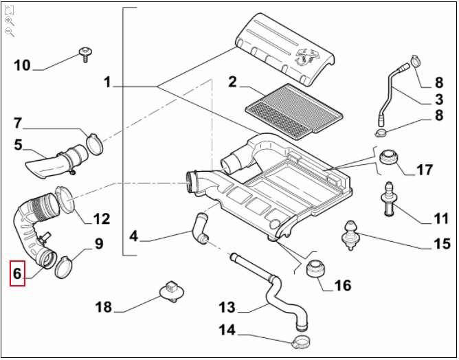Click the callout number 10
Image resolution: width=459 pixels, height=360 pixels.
click(x=22, y=65)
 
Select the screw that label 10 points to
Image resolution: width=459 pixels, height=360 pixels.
click(x=85, y=54)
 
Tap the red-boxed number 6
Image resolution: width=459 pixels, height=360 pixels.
click(x=17, y=273)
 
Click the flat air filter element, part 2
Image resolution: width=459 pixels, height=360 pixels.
click(x=293, y=112)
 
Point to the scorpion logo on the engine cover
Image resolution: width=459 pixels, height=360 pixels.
click(x=306, y=56)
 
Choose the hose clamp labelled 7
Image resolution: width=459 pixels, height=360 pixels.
click(x=95, y=144)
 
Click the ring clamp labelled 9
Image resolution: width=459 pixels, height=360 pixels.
click(x=63, y=267)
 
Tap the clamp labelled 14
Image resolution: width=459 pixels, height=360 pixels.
click(x=301, y=341)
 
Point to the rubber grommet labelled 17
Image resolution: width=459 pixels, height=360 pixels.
click(x=388, y=157)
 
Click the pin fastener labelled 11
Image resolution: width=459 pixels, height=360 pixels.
click(x=388, y=199)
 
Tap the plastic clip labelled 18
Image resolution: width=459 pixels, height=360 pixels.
click(x=172, y=291)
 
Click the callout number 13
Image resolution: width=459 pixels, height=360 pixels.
click(x=227, y=307)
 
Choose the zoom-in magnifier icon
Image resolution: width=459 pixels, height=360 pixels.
click(x=10, y=21)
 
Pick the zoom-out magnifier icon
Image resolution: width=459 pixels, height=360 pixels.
click(x=10, y=32)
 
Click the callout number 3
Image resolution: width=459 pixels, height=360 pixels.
click(x=439, y=100)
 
